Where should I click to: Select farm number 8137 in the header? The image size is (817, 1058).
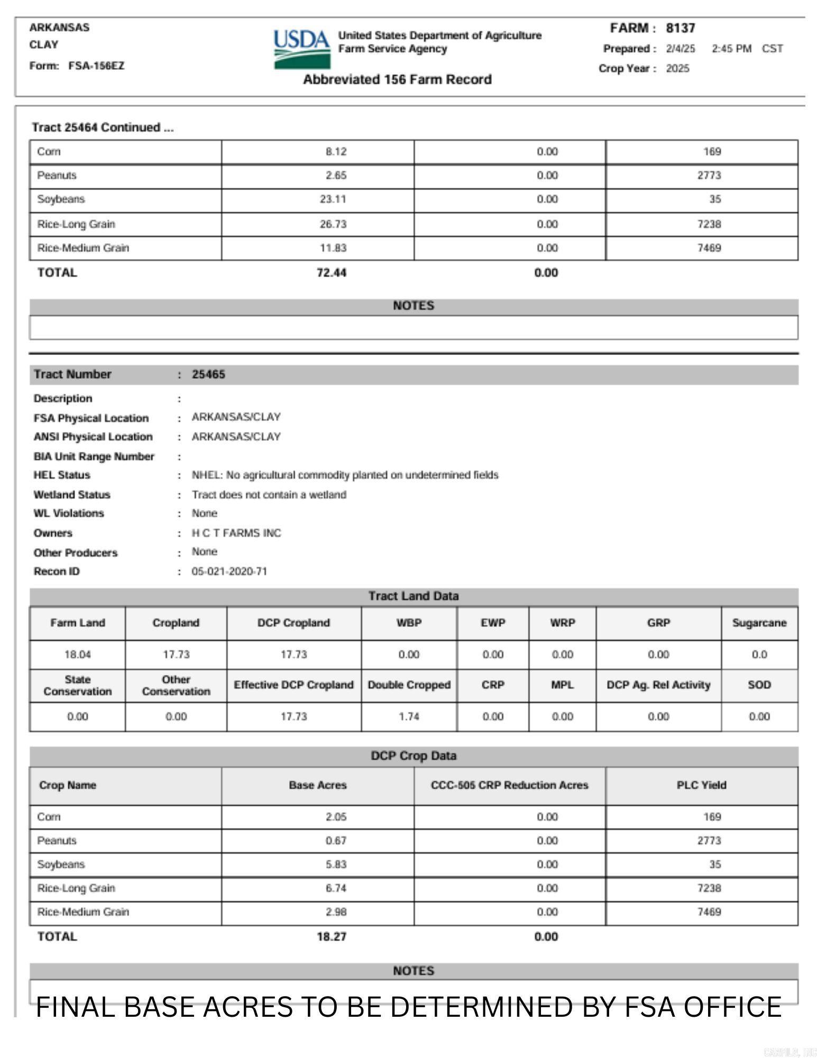[680, 28]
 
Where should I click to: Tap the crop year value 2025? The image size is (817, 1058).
[677, 69]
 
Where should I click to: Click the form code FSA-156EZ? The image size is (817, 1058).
[96, 66]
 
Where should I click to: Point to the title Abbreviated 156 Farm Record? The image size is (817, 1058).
[397, 80]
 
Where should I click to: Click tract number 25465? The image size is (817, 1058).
[208, 375]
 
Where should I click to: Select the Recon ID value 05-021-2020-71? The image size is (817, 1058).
[229, 572]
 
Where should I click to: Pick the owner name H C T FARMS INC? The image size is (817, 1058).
[236, 533]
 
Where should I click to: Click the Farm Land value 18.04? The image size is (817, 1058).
[77, 655]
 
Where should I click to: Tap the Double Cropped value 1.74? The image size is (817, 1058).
[409, 717]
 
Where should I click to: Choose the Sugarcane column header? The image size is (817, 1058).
[759, 623]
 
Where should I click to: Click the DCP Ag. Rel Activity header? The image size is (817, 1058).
[658, 685]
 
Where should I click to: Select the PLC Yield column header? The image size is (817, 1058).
[701, 786]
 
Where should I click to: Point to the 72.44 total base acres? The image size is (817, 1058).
[332, 273]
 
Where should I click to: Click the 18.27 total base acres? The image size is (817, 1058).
[332, 937]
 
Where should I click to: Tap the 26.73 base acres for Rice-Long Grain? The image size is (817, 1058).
[333, 224]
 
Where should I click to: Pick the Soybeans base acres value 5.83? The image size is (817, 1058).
[336, 864]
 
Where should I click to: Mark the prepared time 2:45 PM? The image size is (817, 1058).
[731, 49]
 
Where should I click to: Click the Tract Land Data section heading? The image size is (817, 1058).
[414, 596]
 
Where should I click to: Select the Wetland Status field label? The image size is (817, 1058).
[72, 495]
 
